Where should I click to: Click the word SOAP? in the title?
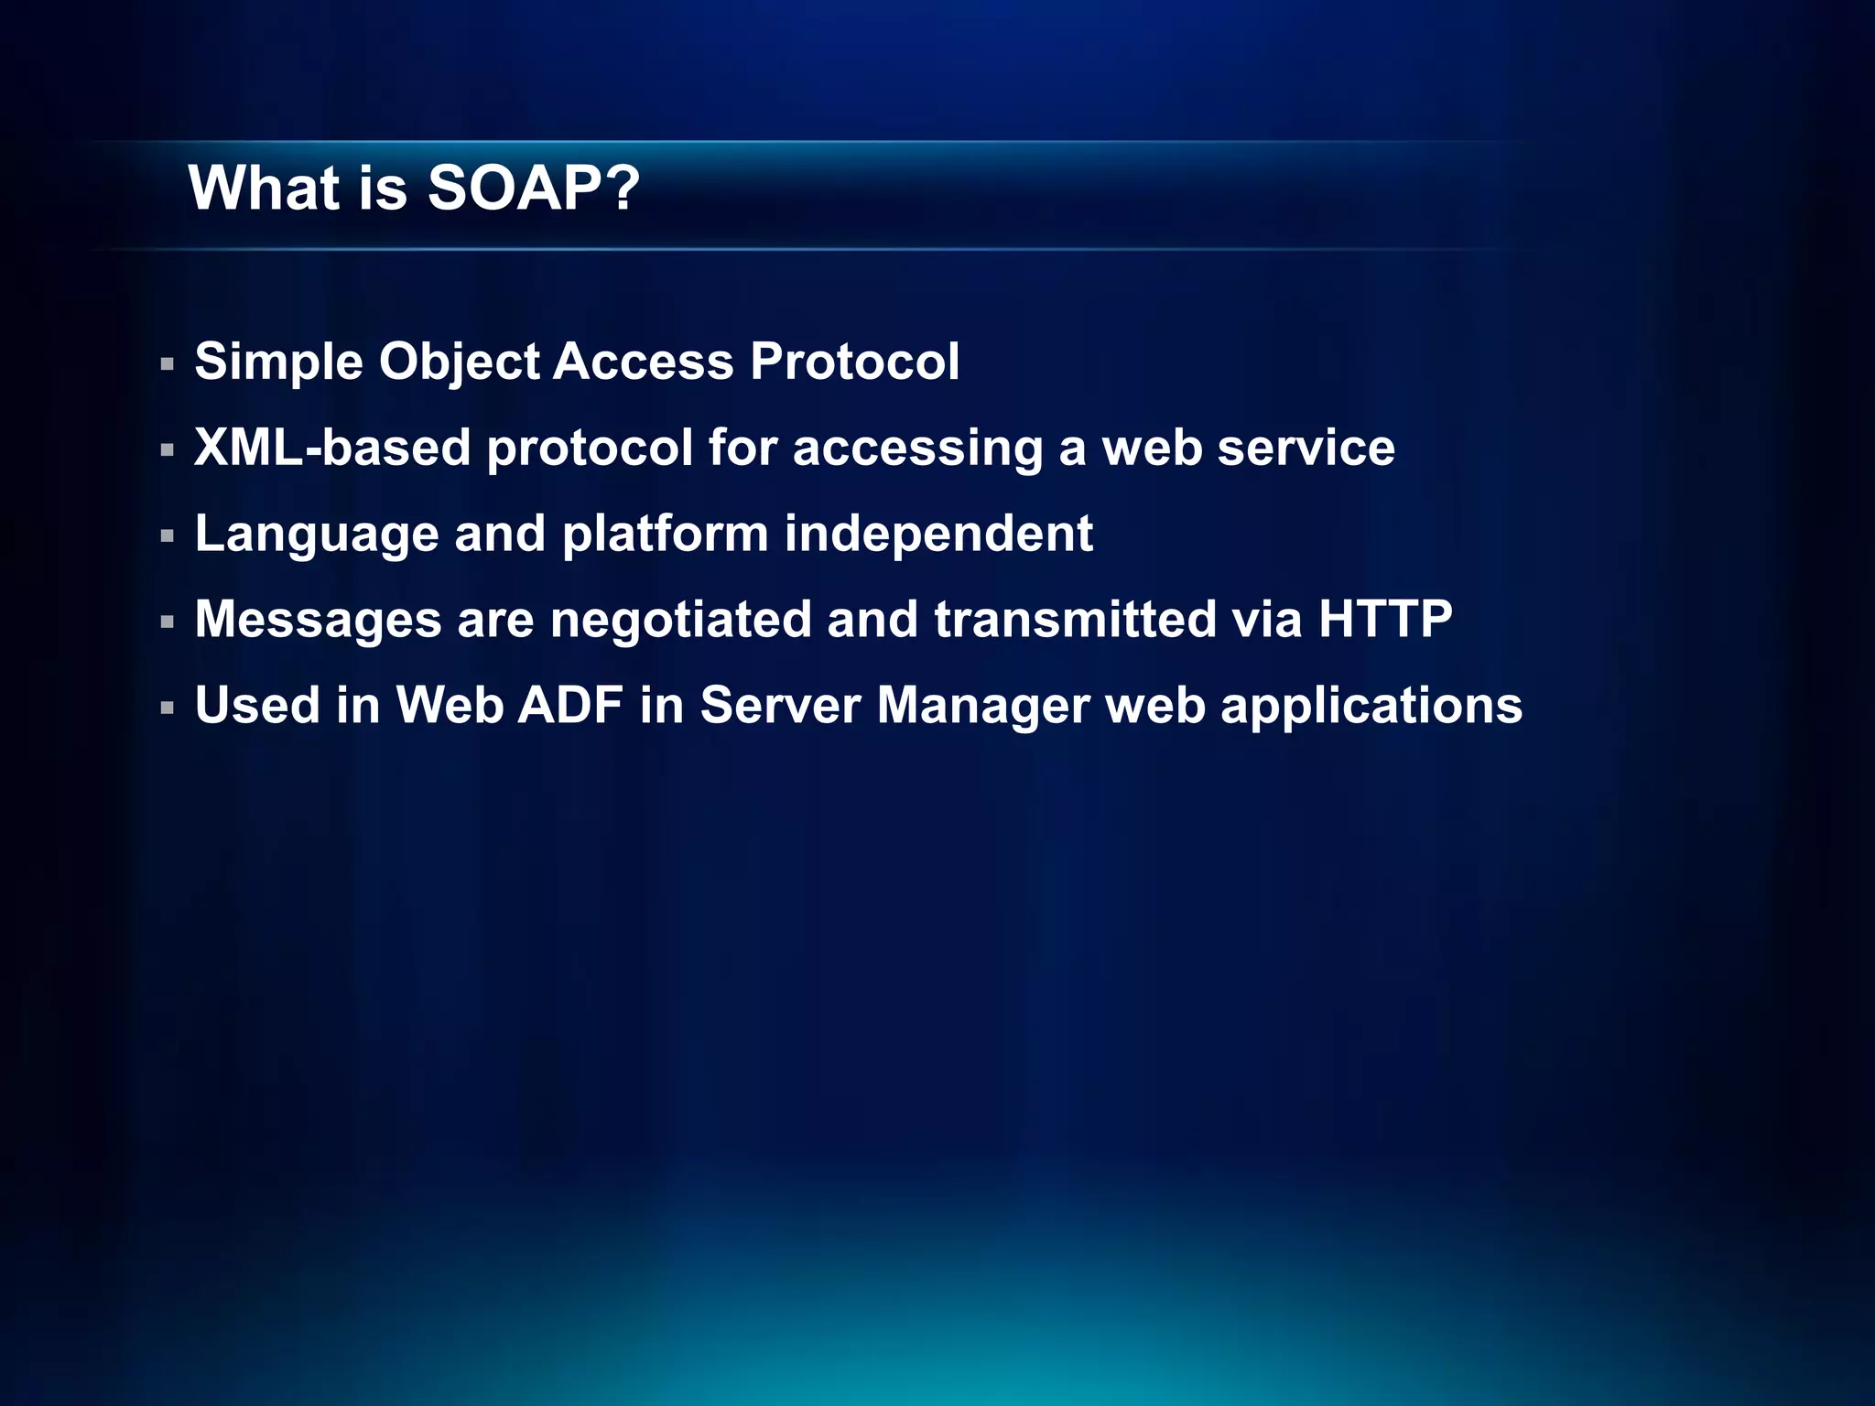click(534, 189)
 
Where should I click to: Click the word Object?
click(460, 362)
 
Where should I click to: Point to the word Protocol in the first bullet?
click(854, 362)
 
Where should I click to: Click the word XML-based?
click(332, 448)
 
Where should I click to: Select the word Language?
click(317, 535)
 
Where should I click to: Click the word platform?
click(665, 535)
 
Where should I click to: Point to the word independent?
click(938, 534)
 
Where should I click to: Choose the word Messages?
click(319, 620)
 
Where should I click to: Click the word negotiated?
click(681, 620)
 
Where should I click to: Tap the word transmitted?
click(1075, 620)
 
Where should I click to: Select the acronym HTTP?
click(1384, 619)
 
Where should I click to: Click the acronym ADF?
click(570, 706)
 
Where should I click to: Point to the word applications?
click(1371, 707)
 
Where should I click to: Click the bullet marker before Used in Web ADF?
click(167, 708)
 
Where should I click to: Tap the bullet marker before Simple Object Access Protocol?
click(167, 364)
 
